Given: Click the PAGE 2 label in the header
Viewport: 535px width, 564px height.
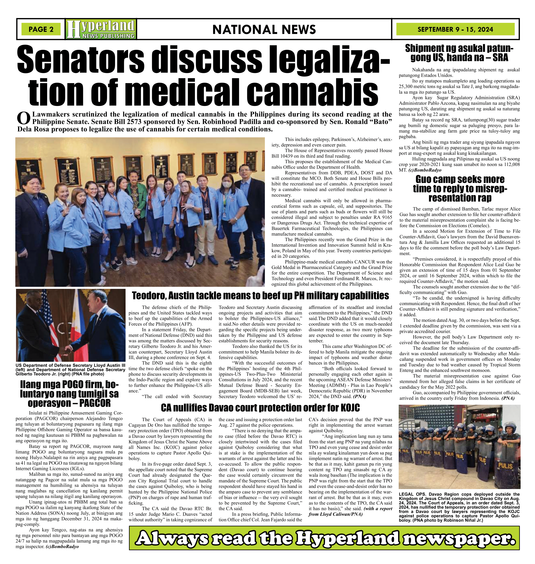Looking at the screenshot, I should [41, 29].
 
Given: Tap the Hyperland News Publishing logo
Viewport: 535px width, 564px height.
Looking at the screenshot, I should [101, 29].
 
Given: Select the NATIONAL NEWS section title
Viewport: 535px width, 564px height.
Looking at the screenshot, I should [264, 29].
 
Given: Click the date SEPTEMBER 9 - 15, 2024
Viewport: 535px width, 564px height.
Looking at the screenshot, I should [455, 29].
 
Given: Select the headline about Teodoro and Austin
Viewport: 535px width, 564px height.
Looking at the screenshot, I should [260, 296].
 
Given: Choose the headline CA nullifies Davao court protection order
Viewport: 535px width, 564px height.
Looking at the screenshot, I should [260, 408].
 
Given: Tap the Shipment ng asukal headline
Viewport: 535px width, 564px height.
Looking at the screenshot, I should [459, 53].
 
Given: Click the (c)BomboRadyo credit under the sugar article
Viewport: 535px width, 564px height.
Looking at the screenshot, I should [425, 170].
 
